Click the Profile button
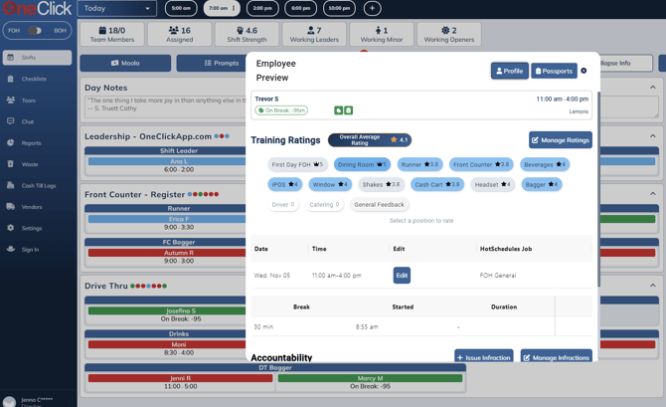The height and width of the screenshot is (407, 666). click(509, 71)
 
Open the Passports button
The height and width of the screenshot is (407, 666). click(554, 71)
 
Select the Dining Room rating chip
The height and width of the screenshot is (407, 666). click(362, 164)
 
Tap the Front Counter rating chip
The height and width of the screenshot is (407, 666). click(481, 164)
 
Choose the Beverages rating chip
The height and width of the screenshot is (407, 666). click(545, 164)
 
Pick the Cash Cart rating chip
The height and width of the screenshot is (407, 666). click(437, 184)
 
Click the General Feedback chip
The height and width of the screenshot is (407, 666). click(379, 205)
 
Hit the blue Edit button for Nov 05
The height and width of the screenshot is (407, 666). click(402, 276)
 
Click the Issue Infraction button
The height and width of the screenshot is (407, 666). click(484, 357)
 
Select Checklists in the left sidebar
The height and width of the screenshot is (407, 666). click(34, 79)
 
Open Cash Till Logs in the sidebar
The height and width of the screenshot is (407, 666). click(40, 185)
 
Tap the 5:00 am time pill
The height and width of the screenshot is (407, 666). click(181, 8)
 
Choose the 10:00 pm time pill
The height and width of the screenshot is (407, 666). click(339, 8)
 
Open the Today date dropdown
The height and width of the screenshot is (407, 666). click(116, 8)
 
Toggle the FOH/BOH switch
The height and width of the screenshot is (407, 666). click(36, 31)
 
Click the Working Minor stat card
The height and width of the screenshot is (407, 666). click(382, 35)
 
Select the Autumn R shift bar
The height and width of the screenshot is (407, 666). click(179, 253)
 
